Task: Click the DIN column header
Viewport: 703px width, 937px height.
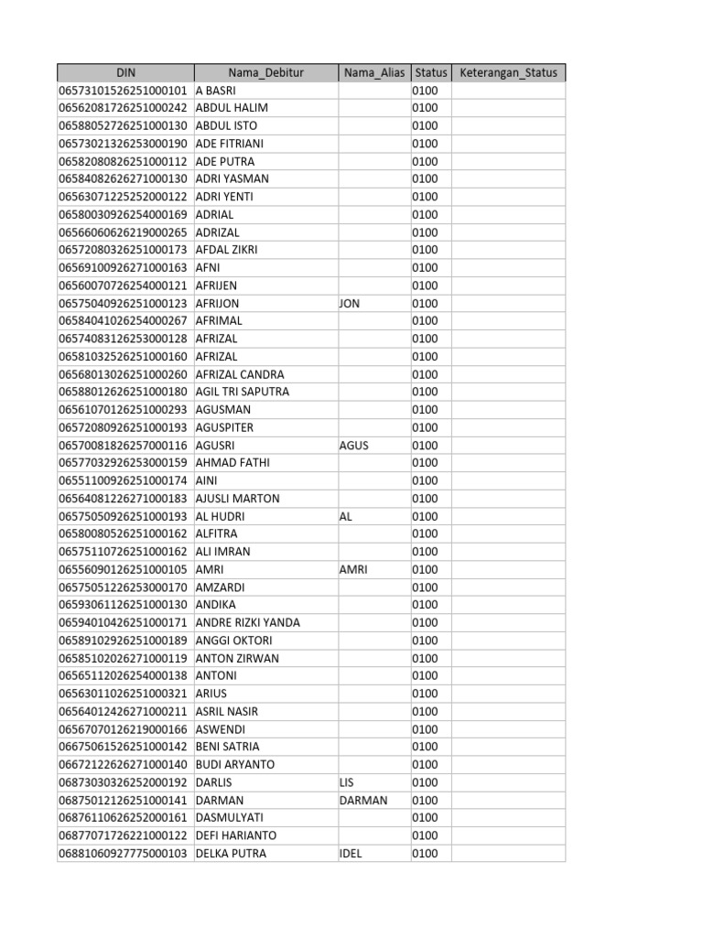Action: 125,73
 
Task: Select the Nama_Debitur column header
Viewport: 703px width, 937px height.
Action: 265,73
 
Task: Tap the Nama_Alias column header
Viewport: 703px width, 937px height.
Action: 373,73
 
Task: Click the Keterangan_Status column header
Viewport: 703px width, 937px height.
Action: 508,73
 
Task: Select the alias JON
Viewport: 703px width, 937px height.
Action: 350,303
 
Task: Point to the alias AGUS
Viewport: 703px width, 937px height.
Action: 353,445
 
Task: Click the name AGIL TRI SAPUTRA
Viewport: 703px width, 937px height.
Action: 243,392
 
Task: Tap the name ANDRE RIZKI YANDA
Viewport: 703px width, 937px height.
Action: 248,622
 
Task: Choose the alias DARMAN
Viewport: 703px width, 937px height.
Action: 363,800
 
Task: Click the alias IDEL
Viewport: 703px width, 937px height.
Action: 351,854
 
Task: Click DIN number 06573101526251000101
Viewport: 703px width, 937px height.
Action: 124,91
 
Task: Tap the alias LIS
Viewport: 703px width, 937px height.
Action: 348,782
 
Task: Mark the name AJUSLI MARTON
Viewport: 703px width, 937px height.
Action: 238,499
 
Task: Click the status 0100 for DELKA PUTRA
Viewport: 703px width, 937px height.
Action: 425,854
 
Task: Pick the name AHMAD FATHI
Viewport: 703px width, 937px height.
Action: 233,463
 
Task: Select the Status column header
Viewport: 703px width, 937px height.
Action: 430,73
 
